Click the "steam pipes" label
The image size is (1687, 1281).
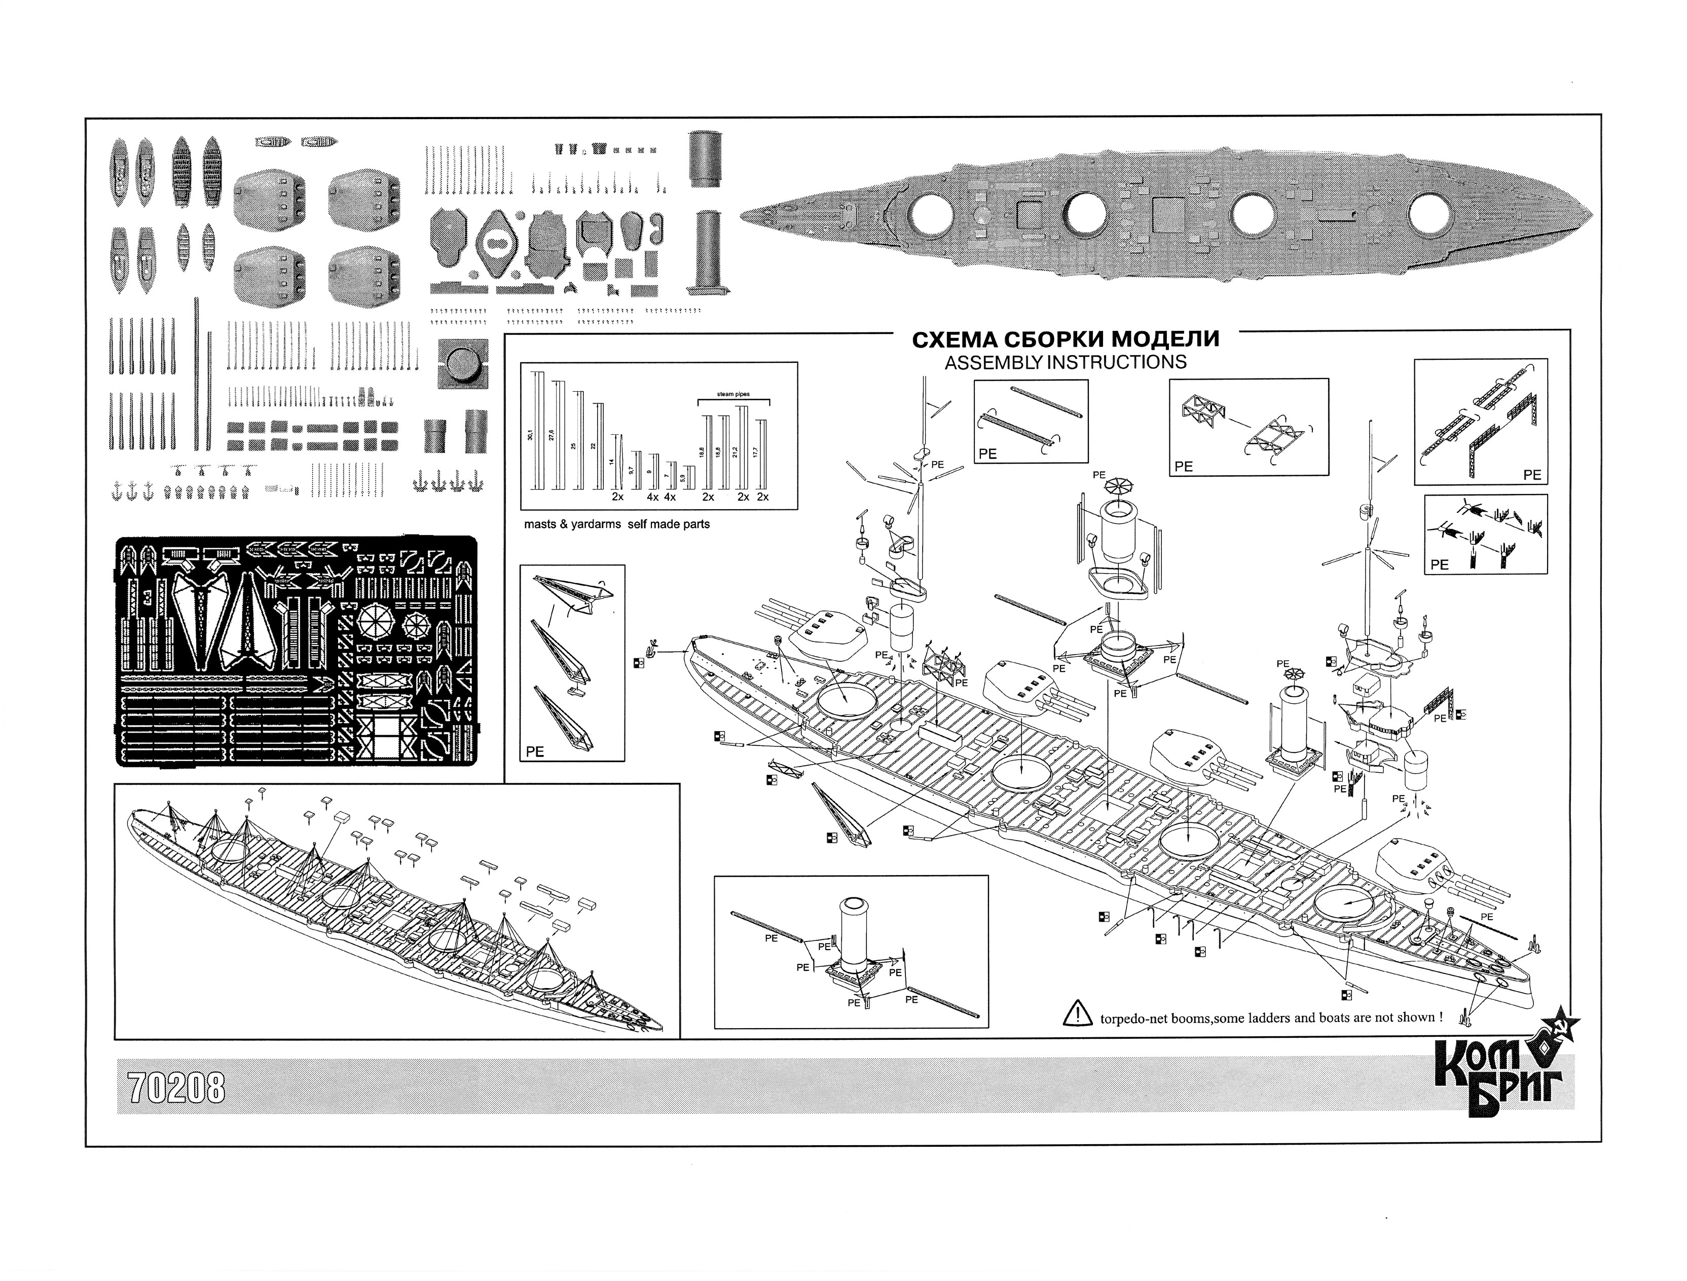click(x=733, y=394)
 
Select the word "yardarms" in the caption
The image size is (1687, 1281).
click(x=598, y=524)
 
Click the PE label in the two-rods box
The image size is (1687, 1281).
click(x=987, y=454)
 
